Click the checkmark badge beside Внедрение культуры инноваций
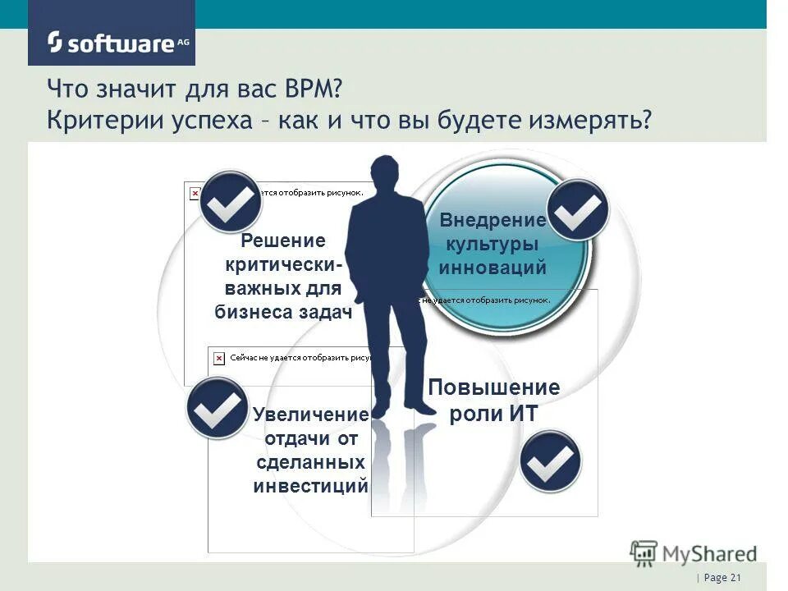pyautogui.click(x=578, y=209)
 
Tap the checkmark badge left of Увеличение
pyautogui.click(x=216, y=408)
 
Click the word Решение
pyautogui.click(x=283, y=241)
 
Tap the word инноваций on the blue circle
pyautogui.click(x=492, y=267)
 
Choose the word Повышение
pyautogui.click(x=494, y=387)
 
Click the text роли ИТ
pyautogui.click(x=493, y=414)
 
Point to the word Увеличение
pyautogui.click(x=310, y=415)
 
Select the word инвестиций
pyautogui.click(x=310, y=485)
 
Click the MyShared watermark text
pyautogui.click(x=709, y=553)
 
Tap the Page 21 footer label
pyautogui.click(x=721, y=579)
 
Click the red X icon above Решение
pyautogui.click(x=195, y=194)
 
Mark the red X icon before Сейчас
pyautogui.click(x=219, y=359)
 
